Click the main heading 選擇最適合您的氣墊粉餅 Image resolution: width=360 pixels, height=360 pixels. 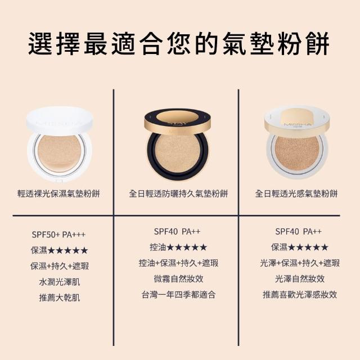pos(179,44)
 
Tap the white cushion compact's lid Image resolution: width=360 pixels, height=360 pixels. pos(60,121)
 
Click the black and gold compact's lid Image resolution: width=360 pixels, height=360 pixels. pos(178,123)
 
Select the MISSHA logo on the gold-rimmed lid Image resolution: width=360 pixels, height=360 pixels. pos(298,125)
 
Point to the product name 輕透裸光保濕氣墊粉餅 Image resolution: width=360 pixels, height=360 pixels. pos(58,193)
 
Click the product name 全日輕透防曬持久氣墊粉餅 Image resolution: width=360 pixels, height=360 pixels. pos(178,193)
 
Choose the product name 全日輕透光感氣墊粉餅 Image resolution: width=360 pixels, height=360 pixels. pos(296,193)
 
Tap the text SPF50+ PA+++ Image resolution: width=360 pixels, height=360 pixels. pos(58,235)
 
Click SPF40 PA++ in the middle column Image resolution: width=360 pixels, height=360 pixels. pos(177,231)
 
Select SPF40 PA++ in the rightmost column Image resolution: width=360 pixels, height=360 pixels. pos(298,231)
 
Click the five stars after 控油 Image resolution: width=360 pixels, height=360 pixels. pos(187,247)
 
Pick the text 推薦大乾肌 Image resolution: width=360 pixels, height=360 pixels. pos(60,298)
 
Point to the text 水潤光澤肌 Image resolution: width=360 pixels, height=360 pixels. pos(60,282)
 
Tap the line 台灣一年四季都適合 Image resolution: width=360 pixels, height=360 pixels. pos(179,295)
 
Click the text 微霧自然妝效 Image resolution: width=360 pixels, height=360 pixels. pos(179,279)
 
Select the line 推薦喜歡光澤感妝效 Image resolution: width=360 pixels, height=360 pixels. pos(300,295)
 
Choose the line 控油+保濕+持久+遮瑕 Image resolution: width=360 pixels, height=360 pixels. pos(178,263)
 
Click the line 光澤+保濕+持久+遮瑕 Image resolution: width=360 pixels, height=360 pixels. pos(300,263)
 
